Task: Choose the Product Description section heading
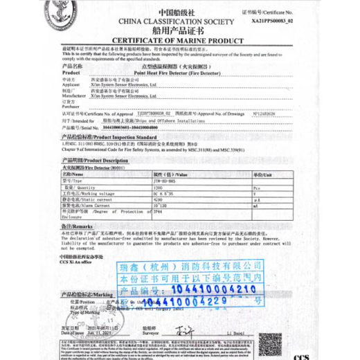click(x=89, y=161)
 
